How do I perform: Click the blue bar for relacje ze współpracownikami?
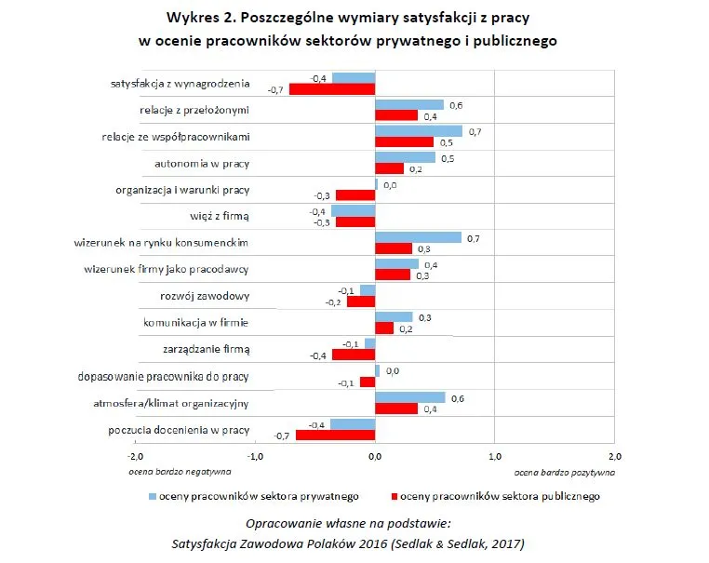click(418, 131)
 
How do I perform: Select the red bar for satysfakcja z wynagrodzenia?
click(332, 89)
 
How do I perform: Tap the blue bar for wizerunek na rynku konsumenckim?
click(418, 237)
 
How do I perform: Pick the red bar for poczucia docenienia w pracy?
click(335, 435)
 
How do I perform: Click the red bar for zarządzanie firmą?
click(341, 355)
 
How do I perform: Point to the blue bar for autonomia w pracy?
click(405, 157)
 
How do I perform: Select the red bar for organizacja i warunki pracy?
click(355, 195)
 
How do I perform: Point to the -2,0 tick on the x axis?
click(135, 457)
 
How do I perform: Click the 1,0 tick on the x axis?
click(494, 457)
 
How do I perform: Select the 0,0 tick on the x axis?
click(375, 457)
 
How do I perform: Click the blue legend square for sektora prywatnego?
click(153, 496)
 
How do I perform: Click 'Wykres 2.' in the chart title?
click(202, 19)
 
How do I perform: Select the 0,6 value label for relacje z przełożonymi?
click(456, 104)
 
